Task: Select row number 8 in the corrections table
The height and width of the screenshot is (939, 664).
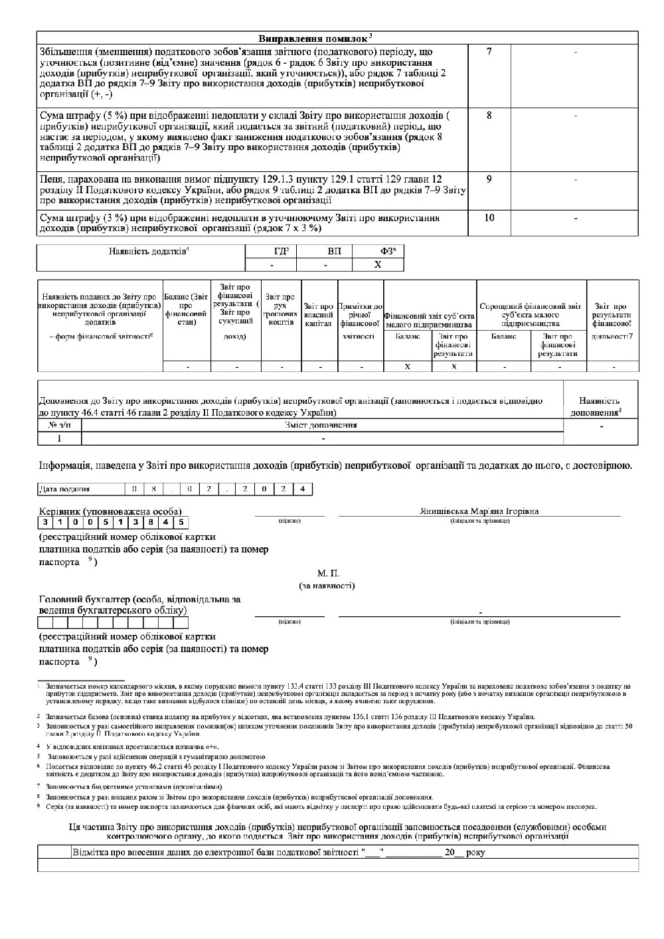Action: point(489,116)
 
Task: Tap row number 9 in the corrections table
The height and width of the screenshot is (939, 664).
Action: point(489,179)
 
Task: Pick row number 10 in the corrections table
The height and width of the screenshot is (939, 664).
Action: point(489,218)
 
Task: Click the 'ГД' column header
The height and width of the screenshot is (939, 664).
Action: point(271,251)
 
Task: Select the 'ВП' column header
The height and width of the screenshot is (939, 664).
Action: point(324,251)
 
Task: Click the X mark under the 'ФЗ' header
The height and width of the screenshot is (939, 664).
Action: point(377,264)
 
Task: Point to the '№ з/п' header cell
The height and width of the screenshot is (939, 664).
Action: point(59,425)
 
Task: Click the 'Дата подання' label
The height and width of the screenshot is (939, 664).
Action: point(65,489)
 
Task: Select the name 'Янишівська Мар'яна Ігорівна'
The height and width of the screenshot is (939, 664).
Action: point(479,511)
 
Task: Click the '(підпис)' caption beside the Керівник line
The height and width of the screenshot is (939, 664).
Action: point(290,521)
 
